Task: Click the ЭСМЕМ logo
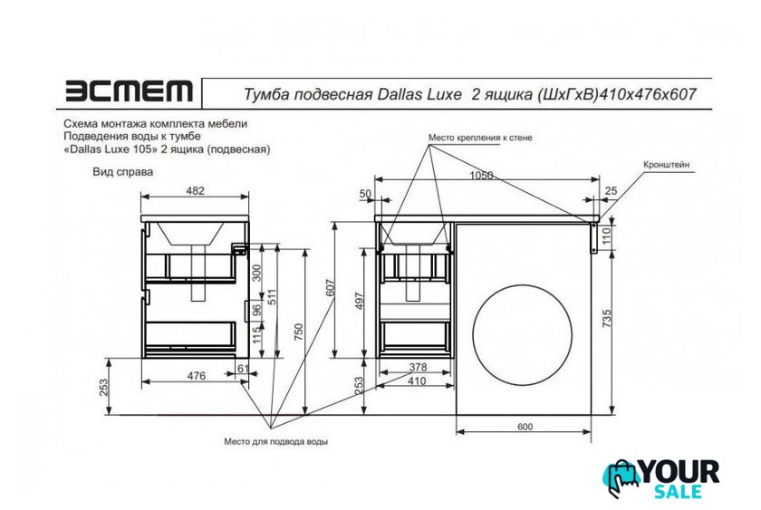129,91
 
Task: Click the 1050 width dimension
481,175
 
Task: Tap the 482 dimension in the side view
195,191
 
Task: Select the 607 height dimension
331,288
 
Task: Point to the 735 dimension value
607,318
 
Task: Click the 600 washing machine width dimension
525,427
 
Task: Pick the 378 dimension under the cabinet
418,367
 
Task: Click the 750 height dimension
298,332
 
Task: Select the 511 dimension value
272,297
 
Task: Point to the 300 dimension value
256,273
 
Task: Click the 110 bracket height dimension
606,236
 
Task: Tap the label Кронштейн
666,165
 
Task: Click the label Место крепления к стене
480,138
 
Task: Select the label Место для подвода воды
275,441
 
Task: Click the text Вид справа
123,172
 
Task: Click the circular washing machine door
522,334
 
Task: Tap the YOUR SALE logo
661,479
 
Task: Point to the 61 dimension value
243,369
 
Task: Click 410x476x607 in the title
649,93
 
